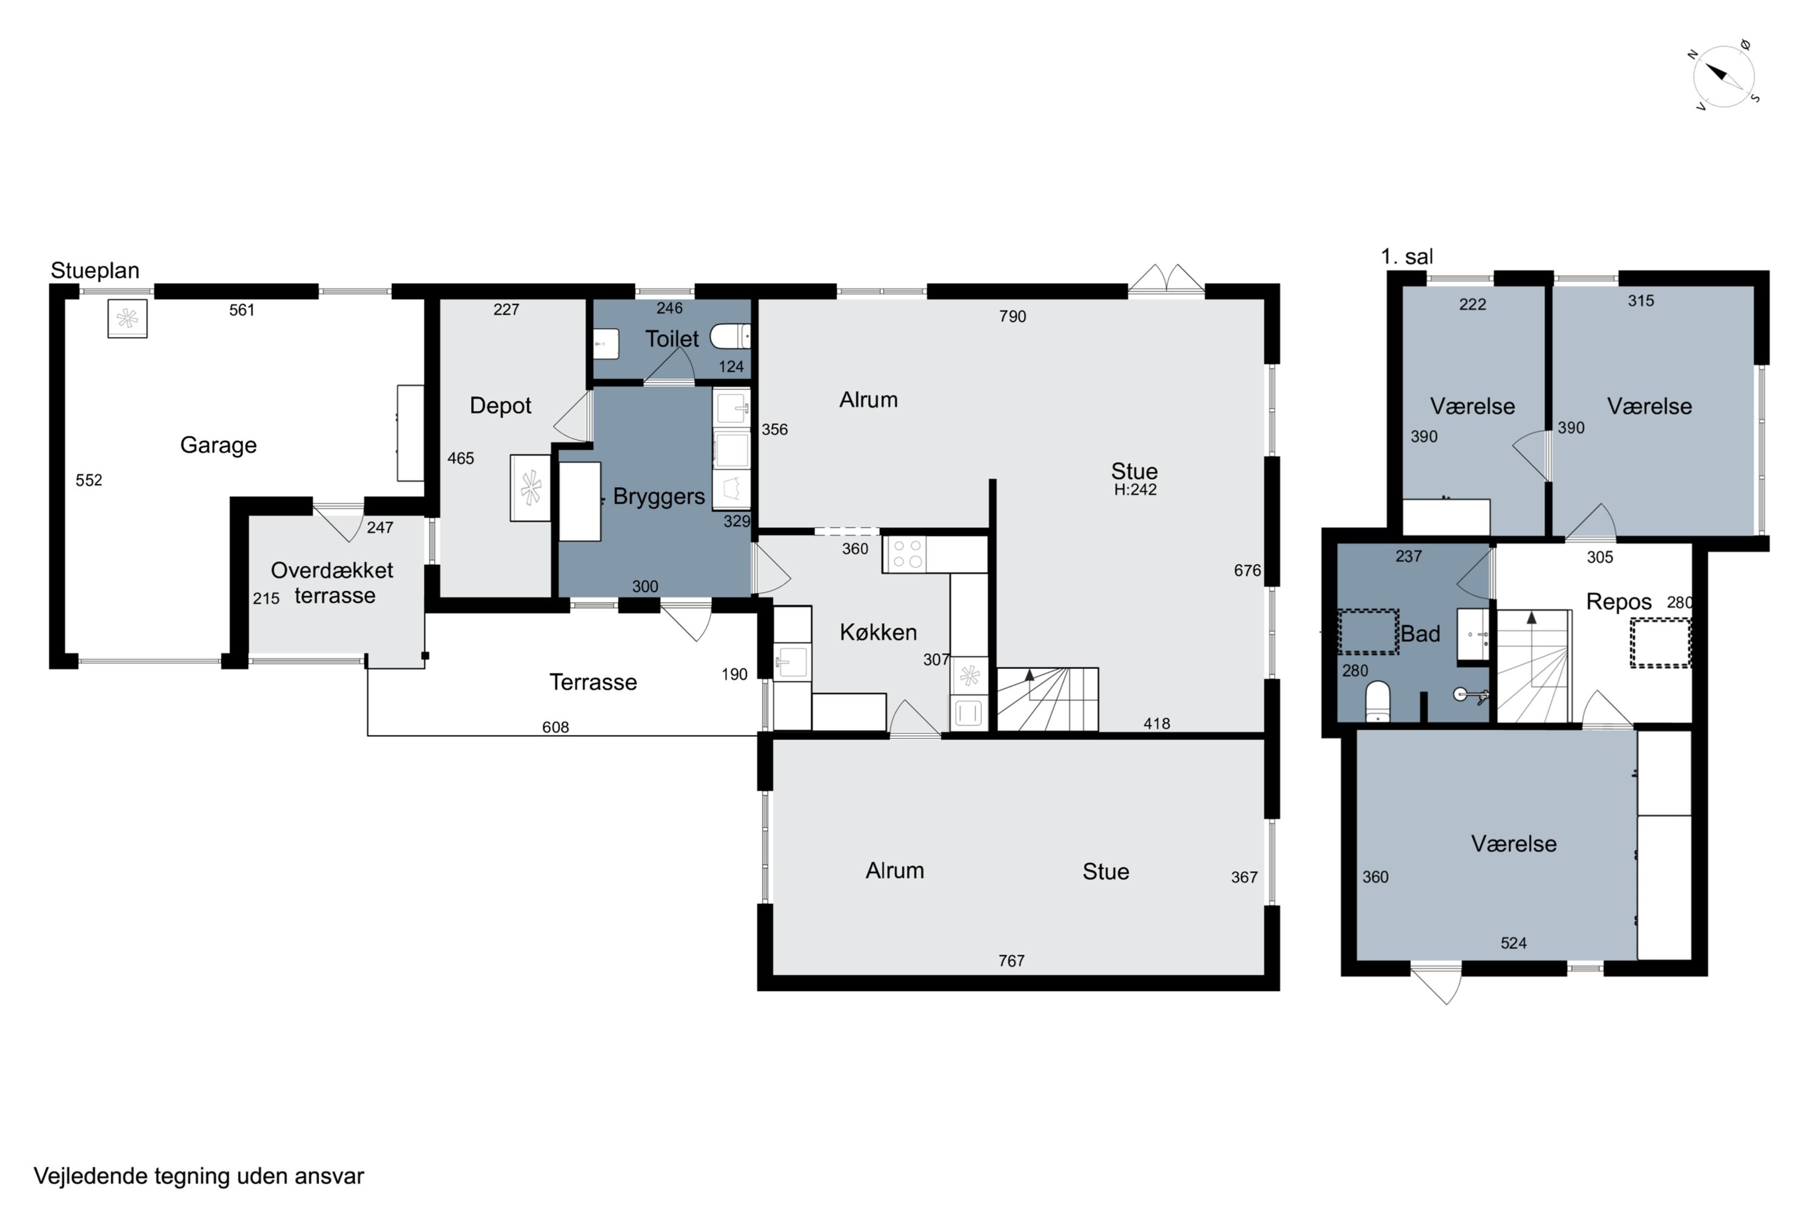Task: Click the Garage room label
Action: click(x=218, y=445)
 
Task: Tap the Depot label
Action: click(x=500, y=405)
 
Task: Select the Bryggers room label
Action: click(x=659, y=497)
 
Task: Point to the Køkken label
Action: click(x=878, y=632)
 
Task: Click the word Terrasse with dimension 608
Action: click(x=593, y=682)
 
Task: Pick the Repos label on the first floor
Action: click(x=1619, y=602)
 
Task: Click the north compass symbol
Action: click(x=1723, y=76)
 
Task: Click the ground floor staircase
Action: click(x=1047, y=699)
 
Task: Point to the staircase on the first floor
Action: click(x=1533, y=667)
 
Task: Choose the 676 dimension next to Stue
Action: click(x=1247, y=570)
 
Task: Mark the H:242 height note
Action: click(x=1135, y=489)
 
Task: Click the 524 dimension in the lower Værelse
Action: click(x=1513, y=943)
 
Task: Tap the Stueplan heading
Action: click(x=95, y=270)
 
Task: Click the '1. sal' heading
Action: click(x=1407, y=256)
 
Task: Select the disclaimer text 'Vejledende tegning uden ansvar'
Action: click(x=199, y=1177)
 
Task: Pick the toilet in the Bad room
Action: click(x=1378, y=701)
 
